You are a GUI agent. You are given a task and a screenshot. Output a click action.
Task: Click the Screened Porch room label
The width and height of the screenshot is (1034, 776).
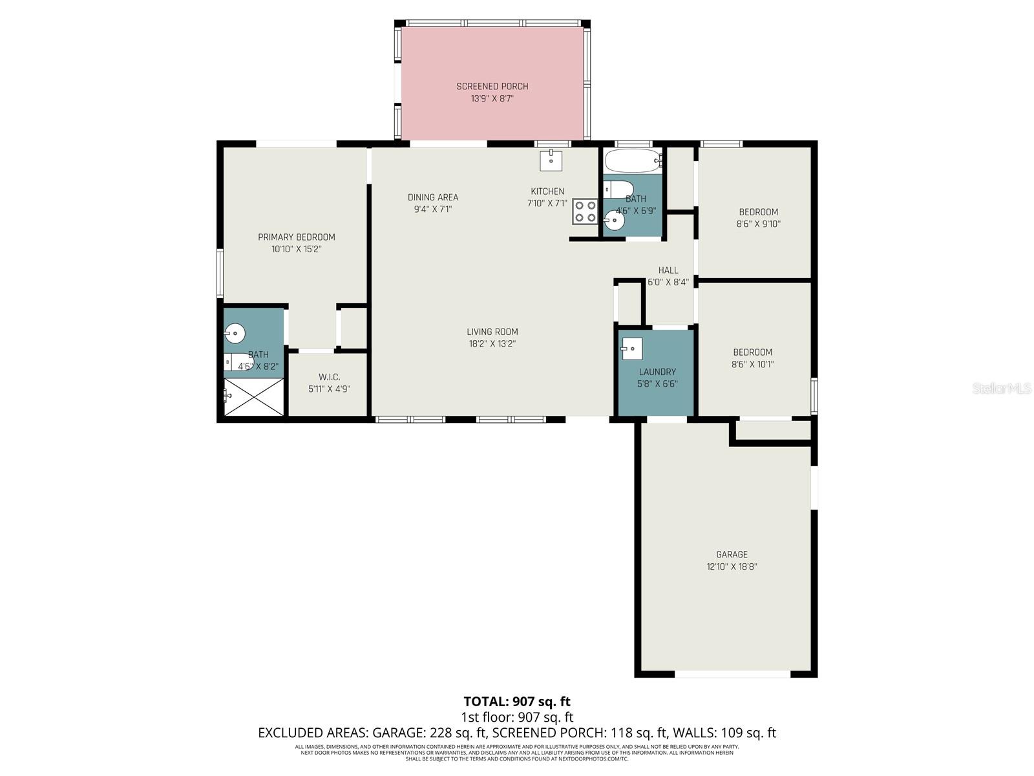click(492, 86)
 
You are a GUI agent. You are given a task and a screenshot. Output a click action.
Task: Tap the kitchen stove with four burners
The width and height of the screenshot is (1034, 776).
click(585, 211)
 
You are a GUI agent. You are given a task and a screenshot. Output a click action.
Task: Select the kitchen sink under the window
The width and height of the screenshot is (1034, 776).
click(551, 160)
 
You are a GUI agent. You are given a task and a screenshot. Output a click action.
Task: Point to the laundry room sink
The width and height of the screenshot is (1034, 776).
click(632, 349)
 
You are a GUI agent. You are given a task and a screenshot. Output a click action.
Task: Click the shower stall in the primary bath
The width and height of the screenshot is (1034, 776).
click(253, 397)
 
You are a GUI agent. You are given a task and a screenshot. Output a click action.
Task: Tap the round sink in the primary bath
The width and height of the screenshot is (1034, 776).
click(235, 334)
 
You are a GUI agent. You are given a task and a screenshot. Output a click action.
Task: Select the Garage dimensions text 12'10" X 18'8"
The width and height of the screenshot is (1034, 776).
click(732, 566)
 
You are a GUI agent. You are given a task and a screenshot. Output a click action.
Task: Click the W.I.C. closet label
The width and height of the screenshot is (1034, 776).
click(329, 377)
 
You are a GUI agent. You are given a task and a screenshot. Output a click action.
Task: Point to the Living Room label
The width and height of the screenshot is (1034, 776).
click(492, 332)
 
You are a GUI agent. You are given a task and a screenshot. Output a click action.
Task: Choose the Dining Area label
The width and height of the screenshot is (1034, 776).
click(433, 197)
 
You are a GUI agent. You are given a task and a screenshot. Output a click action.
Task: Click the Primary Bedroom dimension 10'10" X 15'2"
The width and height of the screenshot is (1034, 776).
click(297, 249)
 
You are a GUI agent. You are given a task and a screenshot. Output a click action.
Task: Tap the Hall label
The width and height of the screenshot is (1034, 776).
click(668, 270)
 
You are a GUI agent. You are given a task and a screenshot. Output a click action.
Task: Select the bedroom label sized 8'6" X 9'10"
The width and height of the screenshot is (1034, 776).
click(758, 212)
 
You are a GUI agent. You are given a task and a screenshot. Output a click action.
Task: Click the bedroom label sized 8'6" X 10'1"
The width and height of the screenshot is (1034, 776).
click(752, 352)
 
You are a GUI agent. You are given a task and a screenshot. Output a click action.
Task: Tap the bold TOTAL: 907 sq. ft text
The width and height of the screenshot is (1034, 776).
click(517, 702)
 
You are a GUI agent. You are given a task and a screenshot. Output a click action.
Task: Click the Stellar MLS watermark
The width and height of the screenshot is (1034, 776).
click(1001, 389)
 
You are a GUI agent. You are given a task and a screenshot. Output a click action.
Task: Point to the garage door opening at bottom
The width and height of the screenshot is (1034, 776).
click(732, 674)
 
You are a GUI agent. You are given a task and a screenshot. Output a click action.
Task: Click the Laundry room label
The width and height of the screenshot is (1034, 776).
click(657, 372)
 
